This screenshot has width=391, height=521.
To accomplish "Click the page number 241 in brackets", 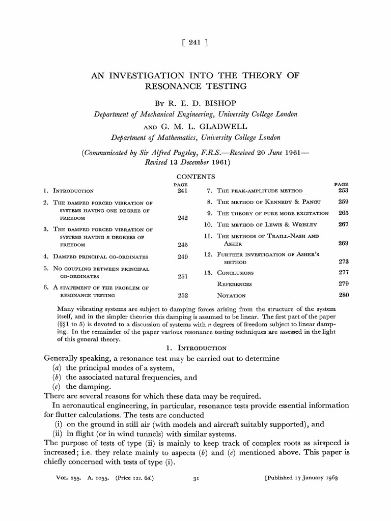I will (x=195, y=43).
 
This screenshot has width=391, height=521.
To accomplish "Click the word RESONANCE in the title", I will (x=169, y=86).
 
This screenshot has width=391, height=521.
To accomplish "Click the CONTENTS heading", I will (x=195, y=177).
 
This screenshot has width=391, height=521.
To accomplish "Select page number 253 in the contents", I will (x=343, y=191).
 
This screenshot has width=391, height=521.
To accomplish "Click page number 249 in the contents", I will (x=183, y=256).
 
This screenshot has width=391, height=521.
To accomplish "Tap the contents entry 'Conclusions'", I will (x=235, y=273).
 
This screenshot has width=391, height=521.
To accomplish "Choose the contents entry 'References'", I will (x=234, y=284).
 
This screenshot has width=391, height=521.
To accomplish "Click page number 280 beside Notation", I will (x=343, y=295).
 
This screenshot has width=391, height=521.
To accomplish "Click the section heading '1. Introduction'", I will (x=196, y=348).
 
